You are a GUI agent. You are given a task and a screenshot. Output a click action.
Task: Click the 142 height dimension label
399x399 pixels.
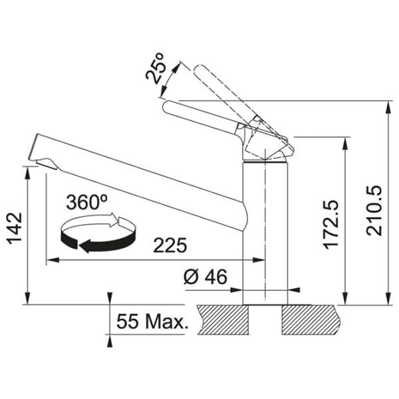tap(15, 229)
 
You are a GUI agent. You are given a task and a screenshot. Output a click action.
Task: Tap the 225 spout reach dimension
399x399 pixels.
tap(170, 245)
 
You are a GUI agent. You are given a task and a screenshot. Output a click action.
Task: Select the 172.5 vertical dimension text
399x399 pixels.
tap(331, 224)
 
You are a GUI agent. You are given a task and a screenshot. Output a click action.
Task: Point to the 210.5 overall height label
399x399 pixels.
tap(374, 211)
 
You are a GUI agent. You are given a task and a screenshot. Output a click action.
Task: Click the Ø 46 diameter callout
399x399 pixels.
tap(205, 277)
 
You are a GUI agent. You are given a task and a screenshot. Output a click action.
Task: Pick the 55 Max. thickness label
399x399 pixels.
tap(152, 321)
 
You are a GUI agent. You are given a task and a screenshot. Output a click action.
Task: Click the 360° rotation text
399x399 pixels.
tap(86, 201)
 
